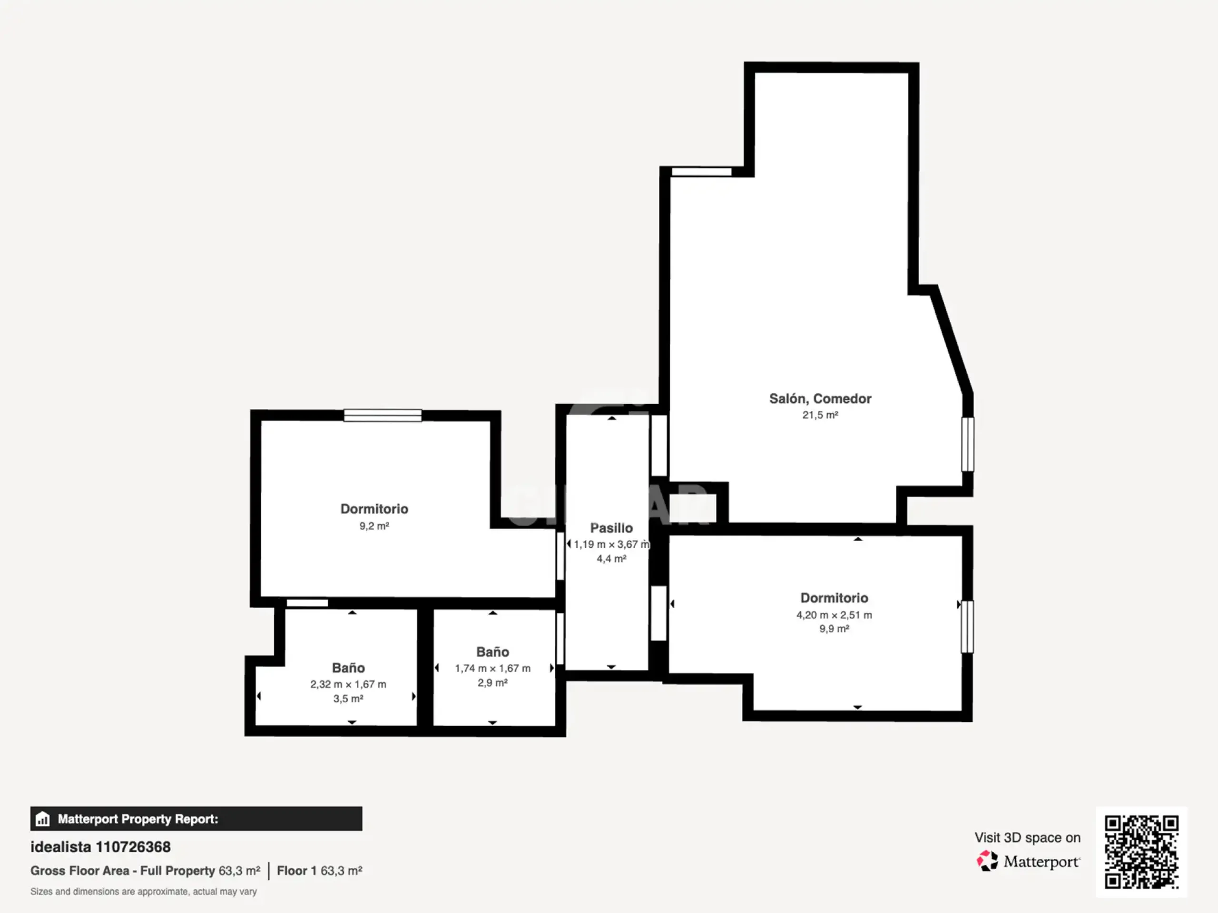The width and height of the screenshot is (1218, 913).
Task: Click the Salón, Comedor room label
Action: tap(820, 398)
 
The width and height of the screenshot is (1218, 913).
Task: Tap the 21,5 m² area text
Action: tap(820, 415)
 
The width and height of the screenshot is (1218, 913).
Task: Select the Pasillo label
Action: tap(611, 528)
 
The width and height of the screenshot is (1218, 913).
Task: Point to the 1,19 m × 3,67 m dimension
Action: tap(611, 544)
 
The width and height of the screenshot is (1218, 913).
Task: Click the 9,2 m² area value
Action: tap(374, 526)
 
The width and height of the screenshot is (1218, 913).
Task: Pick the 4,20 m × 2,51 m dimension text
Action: tap(834, 615)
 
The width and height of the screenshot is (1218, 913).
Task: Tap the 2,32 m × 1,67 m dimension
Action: tap(348, 684)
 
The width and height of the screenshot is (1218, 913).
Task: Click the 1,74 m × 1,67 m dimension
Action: tap(492, 668)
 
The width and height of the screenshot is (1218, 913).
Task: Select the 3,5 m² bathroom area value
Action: tap(348, 699)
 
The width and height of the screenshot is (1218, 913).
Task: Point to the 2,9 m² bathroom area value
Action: tap(492, 683)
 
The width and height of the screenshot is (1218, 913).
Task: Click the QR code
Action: tap(1141, 852)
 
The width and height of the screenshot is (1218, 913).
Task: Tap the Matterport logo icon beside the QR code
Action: tap(987, 861)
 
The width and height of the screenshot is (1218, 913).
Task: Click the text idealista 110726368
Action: tap(100, 847)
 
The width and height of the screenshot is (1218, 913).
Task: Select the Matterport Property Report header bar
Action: tap(196, 819)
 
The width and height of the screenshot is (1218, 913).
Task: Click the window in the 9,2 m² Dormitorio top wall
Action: tap(383, 416)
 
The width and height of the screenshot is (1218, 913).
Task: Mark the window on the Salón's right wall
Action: tap(967, 445)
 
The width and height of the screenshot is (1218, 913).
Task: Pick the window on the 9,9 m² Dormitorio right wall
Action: tap(967, 627)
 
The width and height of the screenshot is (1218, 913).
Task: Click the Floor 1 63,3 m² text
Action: tap(319, 871)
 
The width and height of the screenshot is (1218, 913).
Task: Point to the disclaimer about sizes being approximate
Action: tap(143, 892)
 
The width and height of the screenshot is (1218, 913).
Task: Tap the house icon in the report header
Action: tap(42, 819)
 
